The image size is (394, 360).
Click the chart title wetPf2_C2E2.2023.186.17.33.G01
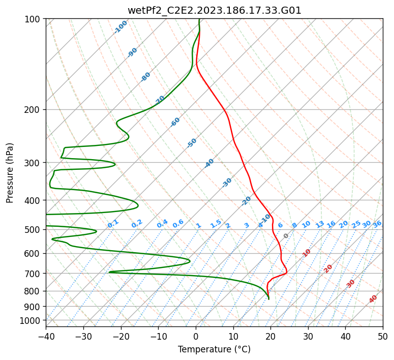(214, 10)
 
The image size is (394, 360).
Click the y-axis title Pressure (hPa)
(10, 172)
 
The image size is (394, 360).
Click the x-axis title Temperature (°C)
(214, 349)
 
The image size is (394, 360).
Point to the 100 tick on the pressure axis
(35, 19)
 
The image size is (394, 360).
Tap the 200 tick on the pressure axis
(35, 110)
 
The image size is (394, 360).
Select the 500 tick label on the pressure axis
(35, 230)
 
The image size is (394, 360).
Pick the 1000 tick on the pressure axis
(33, 320)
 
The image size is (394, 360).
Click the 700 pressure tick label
(35, 274)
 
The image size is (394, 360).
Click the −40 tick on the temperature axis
(46, 336)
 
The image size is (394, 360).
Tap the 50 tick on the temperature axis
(383, 336)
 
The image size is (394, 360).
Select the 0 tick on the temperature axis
(196, 336)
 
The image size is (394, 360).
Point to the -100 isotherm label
(121, 27)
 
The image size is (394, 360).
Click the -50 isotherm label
(192, 143)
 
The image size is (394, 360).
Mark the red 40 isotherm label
(373, 299)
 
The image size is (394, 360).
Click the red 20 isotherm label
(328, 268)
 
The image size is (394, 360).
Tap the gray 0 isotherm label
(286, 236)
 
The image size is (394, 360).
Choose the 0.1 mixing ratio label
(113, 223)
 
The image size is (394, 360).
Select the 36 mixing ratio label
(377, 224)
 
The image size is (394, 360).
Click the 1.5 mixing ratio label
(216, 223)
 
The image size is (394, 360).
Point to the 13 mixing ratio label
(320, 224)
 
